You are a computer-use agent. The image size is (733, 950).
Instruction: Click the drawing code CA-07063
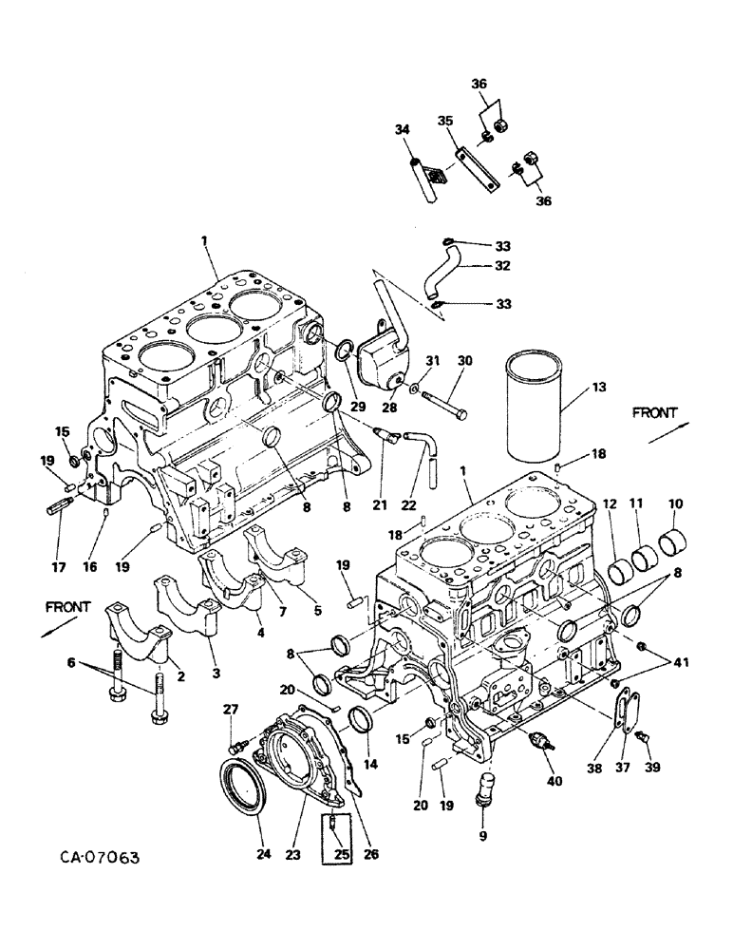point(90,858)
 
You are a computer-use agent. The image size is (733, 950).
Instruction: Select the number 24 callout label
point(264,854)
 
